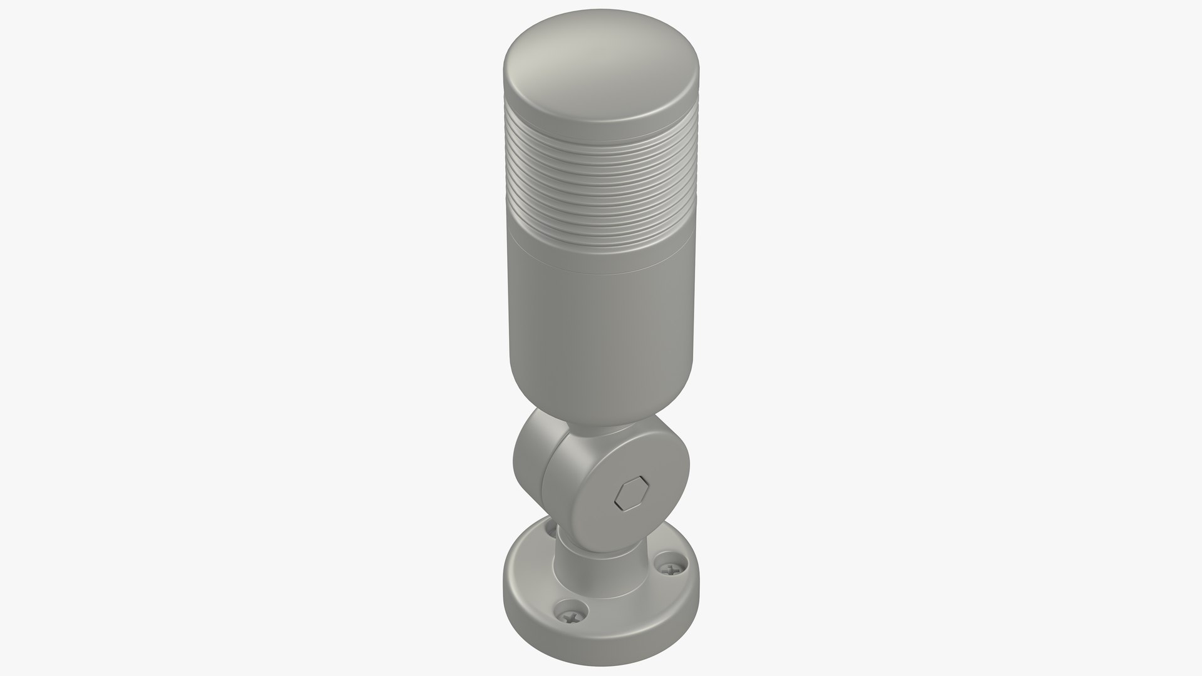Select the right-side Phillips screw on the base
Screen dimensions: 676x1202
coord(671,568)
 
